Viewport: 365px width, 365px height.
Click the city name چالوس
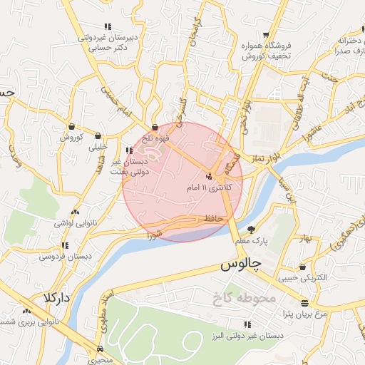tap(241, 264)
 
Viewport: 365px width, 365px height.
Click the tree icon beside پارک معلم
tap(251, 229)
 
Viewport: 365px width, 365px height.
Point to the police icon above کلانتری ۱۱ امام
tap(209, 175)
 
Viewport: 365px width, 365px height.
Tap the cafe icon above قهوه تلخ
tap(155, 127)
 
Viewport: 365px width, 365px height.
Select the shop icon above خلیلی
tap(98, 136)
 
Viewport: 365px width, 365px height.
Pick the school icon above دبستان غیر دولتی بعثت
tap(129, 150)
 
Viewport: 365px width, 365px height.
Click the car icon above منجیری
tap(100, 349)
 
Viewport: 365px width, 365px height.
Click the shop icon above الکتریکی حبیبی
tap(304, 267)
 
